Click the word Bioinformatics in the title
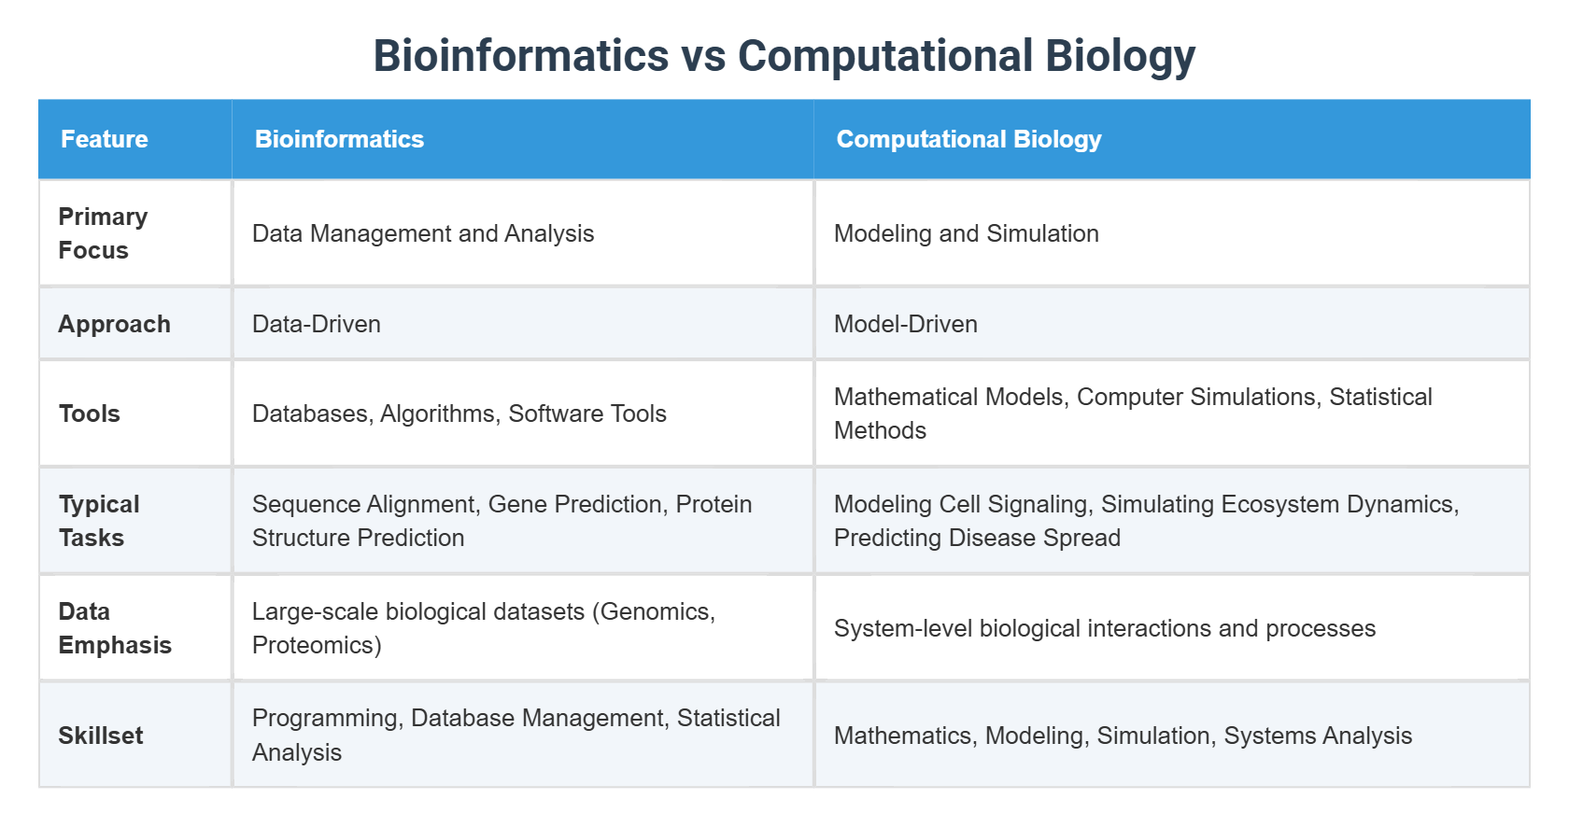[521, 55]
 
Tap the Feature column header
[105, 139]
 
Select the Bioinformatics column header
[339, 139]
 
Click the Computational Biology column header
[968, 139]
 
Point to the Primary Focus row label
[103, 233]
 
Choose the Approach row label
[114, 324]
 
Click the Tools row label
[89, 413]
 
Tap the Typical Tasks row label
[99, 521]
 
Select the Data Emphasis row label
[115, 628]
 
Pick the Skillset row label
[100, 736]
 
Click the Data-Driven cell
[316, 324]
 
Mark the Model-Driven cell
[905, 324]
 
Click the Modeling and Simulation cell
[966, 234]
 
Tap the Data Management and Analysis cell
[422, 234]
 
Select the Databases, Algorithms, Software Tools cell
[459, 413]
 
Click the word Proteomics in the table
[317, 645]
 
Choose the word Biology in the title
[1120, 55]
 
